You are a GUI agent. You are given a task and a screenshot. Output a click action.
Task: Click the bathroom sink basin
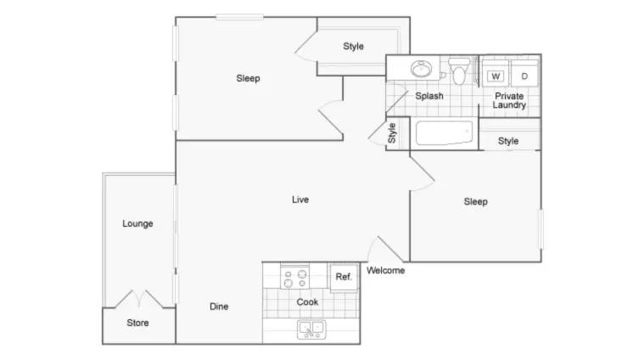point(421,69)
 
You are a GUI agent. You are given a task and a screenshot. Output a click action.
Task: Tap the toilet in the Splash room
point(459,71)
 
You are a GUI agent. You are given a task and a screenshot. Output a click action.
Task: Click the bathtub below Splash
point(444,132)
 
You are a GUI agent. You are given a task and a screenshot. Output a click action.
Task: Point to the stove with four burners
point(294,278)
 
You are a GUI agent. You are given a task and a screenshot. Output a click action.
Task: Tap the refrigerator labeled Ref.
point(344,278)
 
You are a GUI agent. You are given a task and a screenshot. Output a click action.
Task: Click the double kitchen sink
point(311,329)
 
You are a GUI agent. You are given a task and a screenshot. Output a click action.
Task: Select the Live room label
point(300,200)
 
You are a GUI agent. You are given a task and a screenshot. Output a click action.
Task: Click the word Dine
point(219,307)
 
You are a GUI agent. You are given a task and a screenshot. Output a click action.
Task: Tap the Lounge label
point(137,223)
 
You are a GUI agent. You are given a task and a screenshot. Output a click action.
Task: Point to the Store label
point(137,323)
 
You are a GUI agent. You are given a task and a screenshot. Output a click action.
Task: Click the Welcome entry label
point(385,270)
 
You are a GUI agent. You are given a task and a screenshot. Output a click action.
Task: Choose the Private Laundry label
point(509,100)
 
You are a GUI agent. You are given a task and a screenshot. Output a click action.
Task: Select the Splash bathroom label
point(429,96)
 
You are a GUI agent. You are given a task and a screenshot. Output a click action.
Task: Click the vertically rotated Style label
point(392,133)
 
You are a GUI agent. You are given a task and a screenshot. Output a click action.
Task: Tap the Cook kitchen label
point(307,302)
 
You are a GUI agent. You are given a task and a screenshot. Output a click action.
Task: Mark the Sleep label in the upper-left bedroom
point(248,78)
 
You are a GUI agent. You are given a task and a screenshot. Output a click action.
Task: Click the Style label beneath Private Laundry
point(508,141)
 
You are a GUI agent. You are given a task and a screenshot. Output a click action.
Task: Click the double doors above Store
point(139,299)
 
